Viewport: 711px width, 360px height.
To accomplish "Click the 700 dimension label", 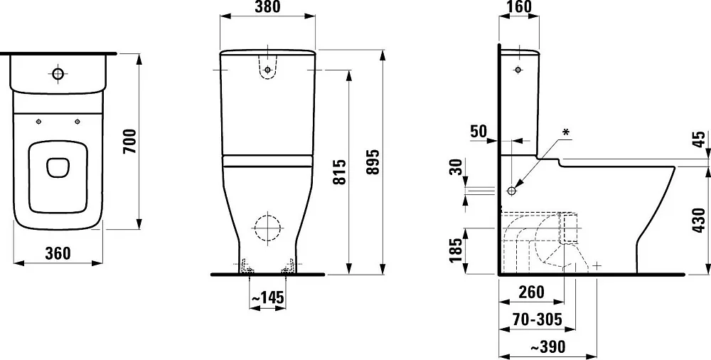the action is [x=129, y=141].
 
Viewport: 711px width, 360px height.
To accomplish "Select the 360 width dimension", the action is [x=58, y=253].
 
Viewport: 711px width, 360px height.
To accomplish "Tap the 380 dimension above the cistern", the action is [x=267, y=7].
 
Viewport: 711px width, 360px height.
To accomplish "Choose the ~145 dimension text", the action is [x=267, y=298].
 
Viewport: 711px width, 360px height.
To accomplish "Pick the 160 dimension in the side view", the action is [x=519, y=6].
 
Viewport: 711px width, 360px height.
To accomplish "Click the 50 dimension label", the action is [x=479, y=131].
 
